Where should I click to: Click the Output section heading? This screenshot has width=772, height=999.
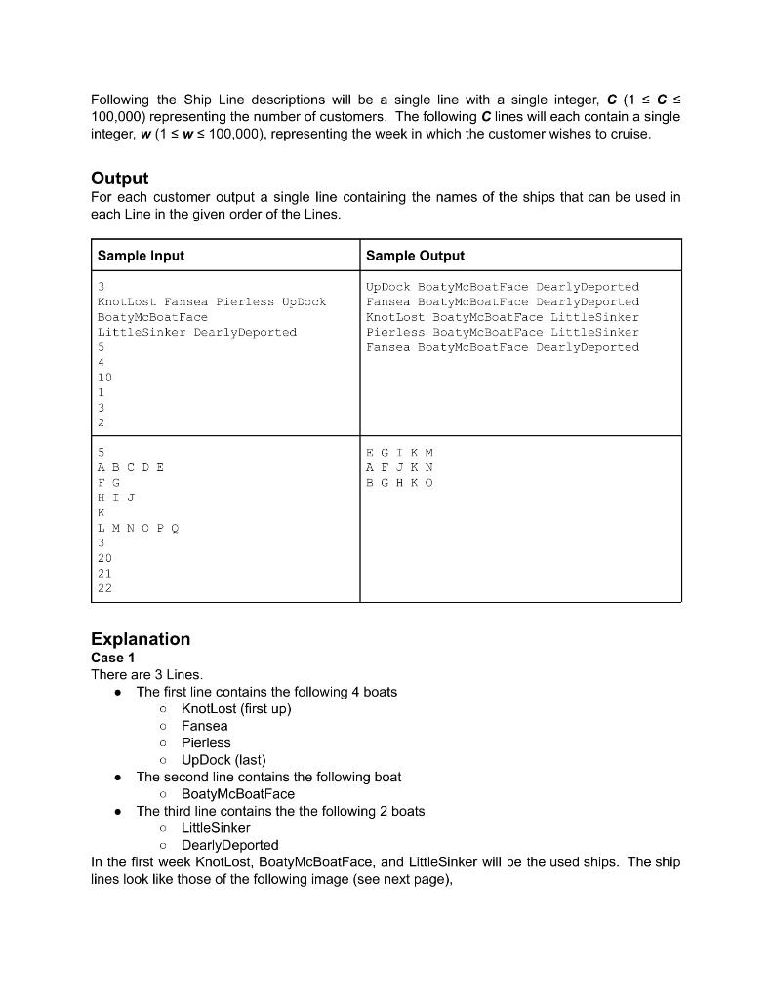click(x=119, y=178)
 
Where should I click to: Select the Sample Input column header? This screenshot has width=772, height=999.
click(x=141, y=256)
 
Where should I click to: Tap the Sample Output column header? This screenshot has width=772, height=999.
click(x=415, y=256)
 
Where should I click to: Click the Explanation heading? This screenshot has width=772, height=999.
click(x=141, y=639)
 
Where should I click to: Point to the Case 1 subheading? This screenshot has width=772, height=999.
click(x=112, y=658)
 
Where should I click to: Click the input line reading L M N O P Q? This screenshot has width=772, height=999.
click(x=138, y=528)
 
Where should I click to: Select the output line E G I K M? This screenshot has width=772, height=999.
click(x=399, y=453)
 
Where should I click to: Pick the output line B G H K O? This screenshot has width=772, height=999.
click(x=399, y=483)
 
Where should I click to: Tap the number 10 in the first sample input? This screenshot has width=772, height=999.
click(x=104, y=378)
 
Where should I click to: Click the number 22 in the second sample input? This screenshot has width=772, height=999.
click(x=104, y=588)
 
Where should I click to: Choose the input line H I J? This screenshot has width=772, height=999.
click(x=116, y=498)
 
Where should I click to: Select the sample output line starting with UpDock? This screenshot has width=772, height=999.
click(x=502, y=287)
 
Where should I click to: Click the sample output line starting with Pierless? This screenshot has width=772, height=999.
click(x=502, y=332)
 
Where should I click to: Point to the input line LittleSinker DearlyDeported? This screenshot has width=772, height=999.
click(x=196, y=332)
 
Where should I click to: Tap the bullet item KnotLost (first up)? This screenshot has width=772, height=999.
click(x=236, y=708)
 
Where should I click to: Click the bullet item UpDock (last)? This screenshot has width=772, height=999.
click(x=223, y=760)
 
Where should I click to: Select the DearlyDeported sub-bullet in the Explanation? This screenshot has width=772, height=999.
click(x=229, y=845)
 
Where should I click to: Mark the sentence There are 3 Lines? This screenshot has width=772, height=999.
click(x=146, y=675)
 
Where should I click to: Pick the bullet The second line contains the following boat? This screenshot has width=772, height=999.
click(x=268, y=777)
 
